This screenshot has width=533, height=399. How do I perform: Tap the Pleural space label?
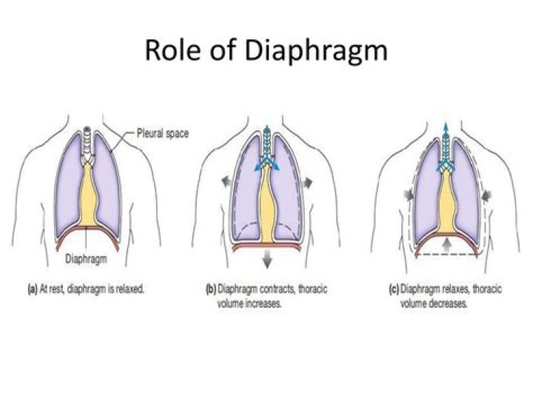pyautogui.click(x=162, y=133)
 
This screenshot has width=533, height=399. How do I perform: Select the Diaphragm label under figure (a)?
pyautogui.click(x=86, y=259)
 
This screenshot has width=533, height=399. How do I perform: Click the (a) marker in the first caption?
pyautogui.click(x=33, y=289)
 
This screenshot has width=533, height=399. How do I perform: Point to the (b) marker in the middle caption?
pyautogui.click(x=211, y=289)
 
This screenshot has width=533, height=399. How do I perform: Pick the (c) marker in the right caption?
pyautogui.click(x=394, y=289)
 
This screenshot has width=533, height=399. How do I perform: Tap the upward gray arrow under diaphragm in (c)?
pyautogui.click(x=447, y=245)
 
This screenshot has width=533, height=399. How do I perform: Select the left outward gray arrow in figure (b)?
pyautogui.click(x=227, y=181)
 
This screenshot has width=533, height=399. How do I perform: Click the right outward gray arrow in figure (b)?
pyautogui.click(x=307, y=183)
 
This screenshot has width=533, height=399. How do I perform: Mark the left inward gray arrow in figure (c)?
pyautogui.click(x=409, y=195)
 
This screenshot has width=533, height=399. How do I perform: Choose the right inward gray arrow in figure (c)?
pyautogui.click(x=486, y=195)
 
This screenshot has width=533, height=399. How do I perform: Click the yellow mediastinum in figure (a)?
pyautogui.click(x=89, y=195)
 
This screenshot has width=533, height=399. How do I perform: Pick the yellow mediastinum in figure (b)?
pyautogui.click(x=267, y=204)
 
